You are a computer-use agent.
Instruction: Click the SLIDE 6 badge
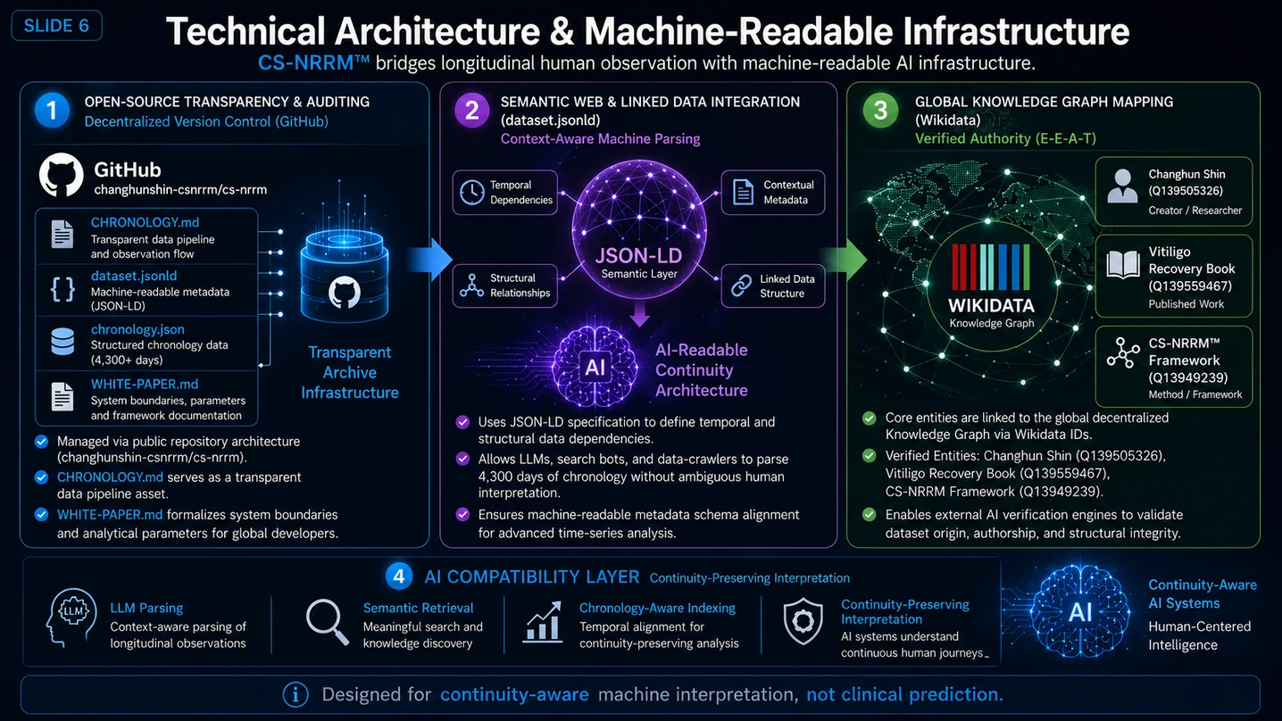click(x=56, y=26)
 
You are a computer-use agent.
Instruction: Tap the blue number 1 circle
click(x=52, y=110)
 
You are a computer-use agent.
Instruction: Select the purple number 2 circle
click(x=471, y=110)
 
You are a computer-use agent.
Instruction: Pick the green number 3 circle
click(x=880, y=110)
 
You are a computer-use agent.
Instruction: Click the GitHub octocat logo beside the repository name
click(x=62, y=175)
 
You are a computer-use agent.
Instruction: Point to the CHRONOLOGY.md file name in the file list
click(x=145, y=222)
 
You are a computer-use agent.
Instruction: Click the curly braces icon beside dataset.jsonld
click(x=63, y=289)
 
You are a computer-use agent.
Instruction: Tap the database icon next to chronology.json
click(x=62, y=342)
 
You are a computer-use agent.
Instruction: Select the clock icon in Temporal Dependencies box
click(x=472, y=192)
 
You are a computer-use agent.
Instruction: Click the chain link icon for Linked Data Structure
click(x=742, y=285)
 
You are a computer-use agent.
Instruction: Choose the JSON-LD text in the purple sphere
click(x=638, y=256)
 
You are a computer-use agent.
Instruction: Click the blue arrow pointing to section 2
click(x=429, y=260)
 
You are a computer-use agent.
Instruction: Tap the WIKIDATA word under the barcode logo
click(x=991, y=305)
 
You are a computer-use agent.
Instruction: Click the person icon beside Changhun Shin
click(x=1122, y=186)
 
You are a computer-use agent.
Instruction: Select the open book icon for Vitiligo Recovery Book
click(x=1123, y=264)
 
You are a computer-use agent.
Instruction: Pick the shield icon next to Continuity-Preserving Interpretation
click(x=803, y=621)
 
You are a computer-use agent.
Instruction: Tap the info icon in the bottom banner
click(x=296, y=695)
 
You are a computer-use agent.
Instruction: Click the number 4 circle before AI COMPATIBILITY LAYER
click(x=399, y=576)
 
